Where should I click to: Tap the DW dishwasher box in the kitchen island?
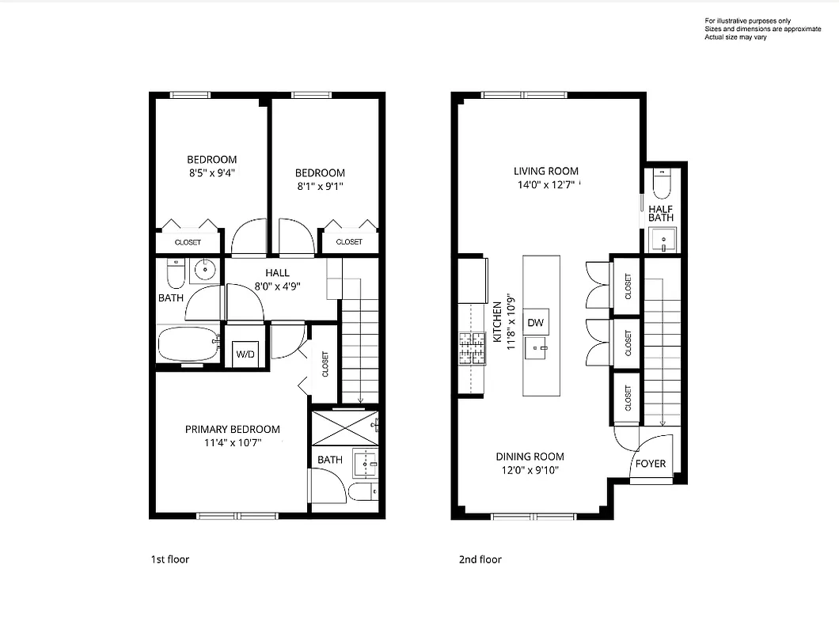click(536, 321)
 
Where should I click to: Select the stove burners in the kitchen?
click(472, 348)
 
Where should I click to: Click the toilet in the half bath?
click(662, 185)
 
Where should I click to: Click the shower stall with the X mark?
click(343, 427)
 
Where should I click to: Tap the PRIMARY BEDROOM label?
click(232, 430)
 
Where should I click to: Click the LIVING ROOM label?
click(545, 171)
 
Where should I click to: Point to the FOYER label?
click(651, 464)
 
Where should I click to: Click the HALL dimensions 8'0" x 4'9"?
click(271, 286)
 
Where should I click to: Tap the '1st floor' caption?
click(169, 559)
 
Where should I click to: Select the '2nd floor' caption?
click(480, 559)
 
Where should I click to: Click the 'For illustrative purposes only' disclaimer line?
click(748, 21)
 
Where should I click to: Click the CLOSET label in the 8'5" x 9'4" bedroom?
click(188, 242)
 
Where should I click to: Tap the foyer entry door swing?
click(656, 447)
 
